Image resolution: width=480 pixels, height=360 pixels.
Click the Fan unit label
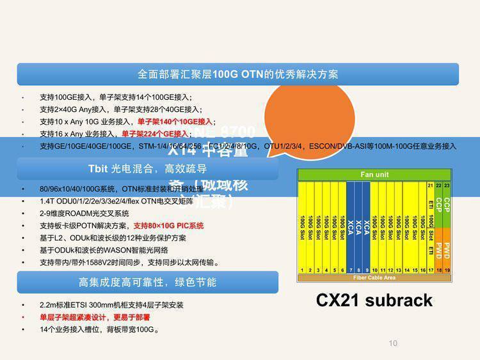[374, 175]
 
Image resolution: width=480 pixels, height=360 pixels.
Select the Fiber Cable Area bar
[374, 278]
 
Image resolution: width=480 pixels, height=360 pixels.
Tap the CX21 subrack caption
[374, 300]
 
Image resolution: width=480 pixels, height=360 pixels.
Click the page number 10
[393, 343]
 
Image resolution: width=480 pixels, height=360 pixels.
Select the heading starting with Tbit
[147, 169]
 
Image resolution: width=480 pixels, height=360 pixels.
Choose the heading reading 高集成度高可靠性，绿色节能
[147, 282]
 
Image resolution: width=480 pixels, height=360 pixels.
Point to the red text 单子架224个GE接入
[154, 134]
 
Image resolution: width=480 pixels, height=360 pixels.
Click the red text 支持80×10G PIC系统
[168, 226]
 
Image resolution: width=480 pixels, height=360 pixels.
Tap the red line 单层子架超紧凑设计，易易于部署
[95, 318]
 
